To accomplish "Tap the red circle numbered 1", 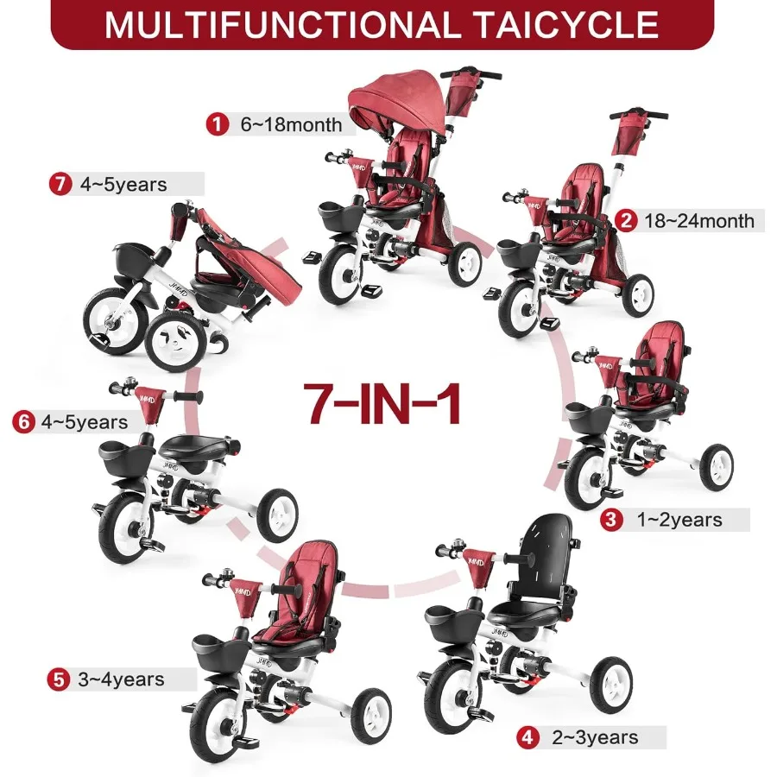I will [216, 124].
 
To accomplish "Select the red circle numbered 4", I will [526, 737].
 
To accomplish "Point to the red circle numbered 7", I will [60, 184].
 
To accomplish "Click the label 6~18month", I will [291, 124].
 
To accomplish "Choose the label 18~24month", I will [698, 221].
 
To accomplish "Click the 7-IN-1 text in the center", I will [382, 400].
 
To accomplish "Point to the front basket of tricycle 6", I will [126, 452].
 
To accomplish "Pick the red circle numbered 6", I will [25, 423].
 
